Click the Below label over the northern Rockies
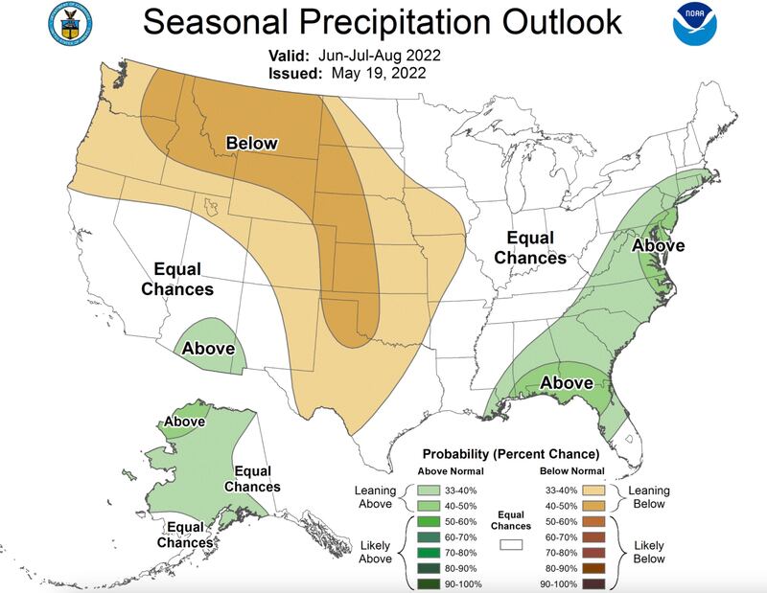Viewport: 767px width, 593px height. pos(251,144)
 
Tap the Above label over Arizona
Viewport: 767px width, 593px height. pos(209,347)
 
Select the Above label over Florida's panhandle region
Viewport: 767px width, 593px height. pos(568,383)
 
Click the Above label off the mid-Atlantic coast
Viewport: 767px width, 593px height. pos(658,245)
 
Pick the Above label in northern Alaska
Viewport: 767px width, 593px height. pos(184,421)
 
